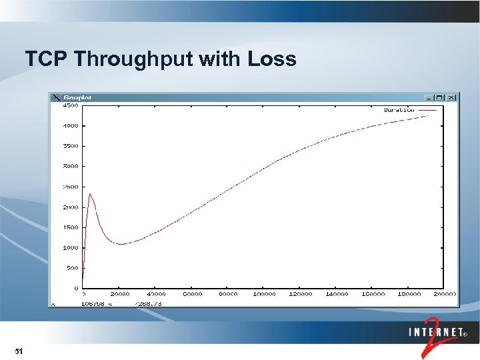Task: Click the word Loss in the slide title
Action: pos(272,59)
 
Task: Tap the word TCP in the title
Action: pos(47,59)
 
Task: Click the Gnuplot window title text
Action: pos(77,97)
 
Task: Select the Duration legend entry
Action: pos(399,110)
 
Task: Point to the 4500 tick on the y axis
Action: pos(69,105)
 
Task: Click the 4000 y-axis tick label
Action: pos(69,125)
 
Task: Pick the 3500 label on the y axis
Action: pos(69,146)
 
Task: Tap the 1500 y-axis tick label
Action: pos(69,227)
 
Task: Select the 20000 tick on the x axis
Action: pos(120,294)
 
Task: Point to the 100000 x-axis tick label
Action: pos(265,294)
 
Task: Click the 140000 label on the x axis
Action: pos(337,294)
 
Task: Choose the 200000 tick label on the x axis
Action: pos(445,294)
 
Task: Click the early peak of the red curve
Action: pos(89,194)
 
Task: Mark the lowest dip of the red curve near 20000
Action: pos(121,244)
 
